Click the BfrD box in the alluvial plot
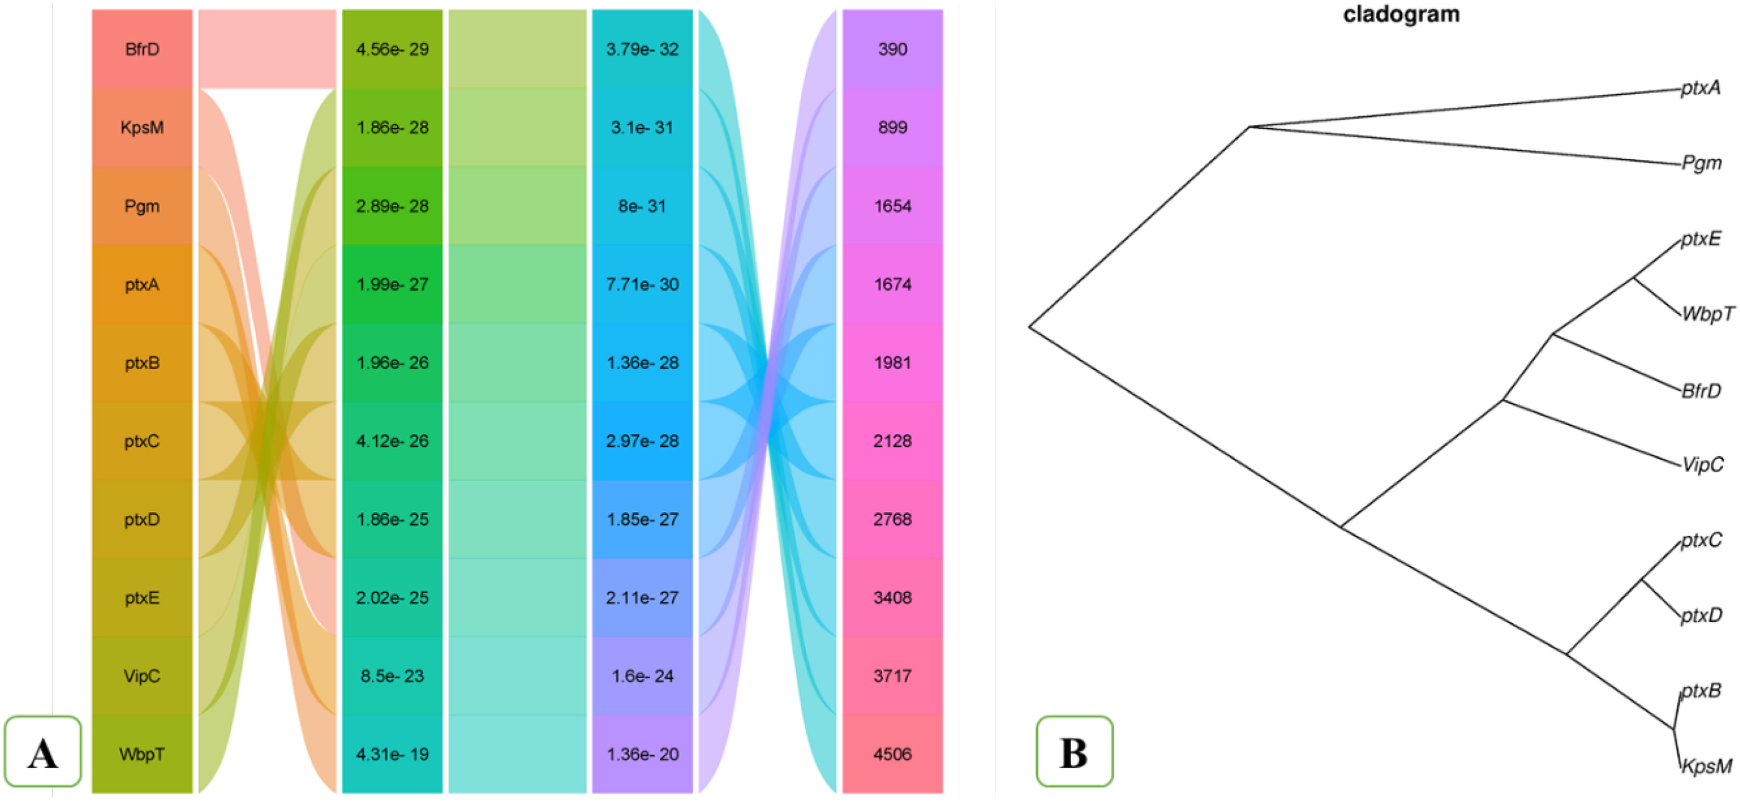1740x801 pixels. coord(142,49)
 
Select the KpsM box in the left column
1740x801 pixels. coord(142,128)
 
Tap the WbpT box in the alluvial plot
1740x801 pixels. coord(142,754)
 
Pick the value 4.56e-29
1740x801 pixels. coord(392,49)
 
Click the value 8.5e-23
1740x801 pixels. coord(392,676)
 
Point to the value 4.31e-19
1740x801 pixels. coord(392,754)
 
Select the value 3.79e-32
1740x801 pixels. coord(642,49)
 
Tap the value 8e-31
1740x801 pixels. coord(642,206)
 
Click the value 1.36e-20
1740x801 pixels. coord(642,754)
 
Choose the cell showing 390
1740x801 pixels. coord(892,49)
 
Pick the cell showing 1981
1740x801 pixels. coord(892,363)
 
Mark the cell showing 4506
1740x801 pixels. coord(892,754)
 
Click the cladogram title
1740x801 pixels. coord(1401,14)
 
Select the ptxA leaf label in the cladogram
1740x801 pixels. coord(1700,88)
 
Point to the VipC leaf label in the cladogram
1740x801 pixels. coord(1702,464)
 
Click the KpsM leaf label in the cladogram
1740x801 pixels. coord(1706,766)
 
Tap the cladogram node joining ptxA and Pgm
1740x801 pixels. coord(1249,126)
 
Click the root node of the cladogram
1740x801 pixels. coord(1029,327)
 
